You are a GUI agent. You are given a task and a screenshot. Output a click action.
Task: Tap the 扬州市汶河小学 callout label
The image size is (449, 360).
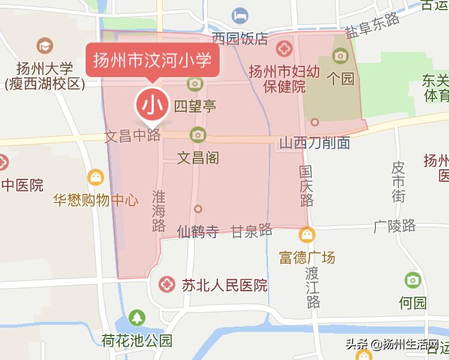coord(153,60)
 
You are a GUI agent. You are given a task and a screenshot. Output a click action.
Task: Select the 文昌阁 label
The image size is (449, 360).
coord(198,158)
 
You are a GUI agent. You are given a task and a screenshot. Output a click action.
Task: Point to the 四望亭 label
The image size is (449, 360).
coord(195,106)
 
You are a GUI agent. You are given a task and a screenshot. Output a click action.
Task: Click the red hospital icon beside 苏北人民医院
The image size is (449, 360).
coord(167,285)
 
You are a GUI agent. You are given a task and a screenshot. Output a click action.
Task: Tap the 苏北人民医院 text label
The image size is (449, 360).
coord(224,285)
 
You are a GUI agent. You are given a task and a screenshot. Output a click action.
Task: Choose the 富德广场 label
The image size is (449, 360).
coord(307,258)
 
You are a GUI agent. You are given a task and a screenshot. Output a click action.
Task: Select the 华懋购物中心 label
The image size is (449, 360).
coord(95,200)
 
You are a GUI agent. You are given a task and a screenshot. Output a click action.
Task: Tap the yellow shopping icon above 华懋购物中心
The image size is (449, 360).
coord(95,177)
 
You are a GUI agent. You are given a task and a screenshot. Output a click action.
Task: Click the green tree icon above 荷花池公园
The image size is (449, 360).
coord(138,317)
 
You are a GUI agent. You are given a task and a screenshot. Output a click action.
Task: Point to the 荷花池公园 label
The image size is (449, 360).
coord(137,341)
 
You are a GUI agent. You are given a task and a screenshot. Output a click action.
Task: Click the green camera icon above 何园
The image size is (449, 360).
coord(412,279)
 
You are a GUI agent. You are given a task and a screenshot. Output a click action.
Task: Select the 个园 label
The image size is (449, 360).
coord(341,78)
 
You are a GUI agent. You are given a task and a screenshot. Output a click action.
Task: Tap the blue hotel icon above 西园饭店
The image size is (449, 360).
coord(241,14)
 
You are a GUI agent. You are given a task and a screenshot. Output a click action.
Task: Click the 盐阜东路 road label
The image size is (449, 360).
coord(372,27)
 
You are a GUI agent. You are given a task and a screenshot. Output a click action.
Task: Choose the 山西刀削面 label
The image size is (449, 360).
coord(315,144)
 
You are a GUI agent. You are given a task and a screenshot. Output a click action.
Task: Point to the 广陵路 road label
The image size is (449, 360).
coord(394,225)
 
